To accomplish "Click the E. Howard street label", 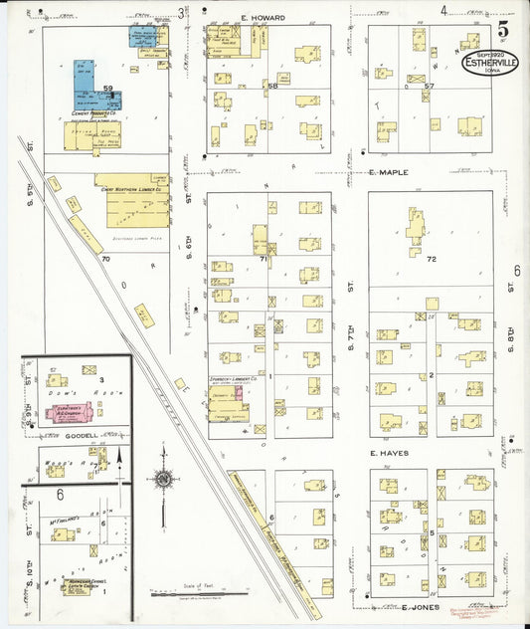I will (263, 18).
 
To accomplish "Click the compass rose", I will (163, 479).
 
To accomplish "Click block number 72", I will (430, 259).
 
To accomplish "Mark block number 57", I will (429, 87).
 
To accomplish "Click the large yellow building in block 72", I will (415, 228).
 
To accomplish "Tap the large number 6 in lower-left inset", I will (61, 494).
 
